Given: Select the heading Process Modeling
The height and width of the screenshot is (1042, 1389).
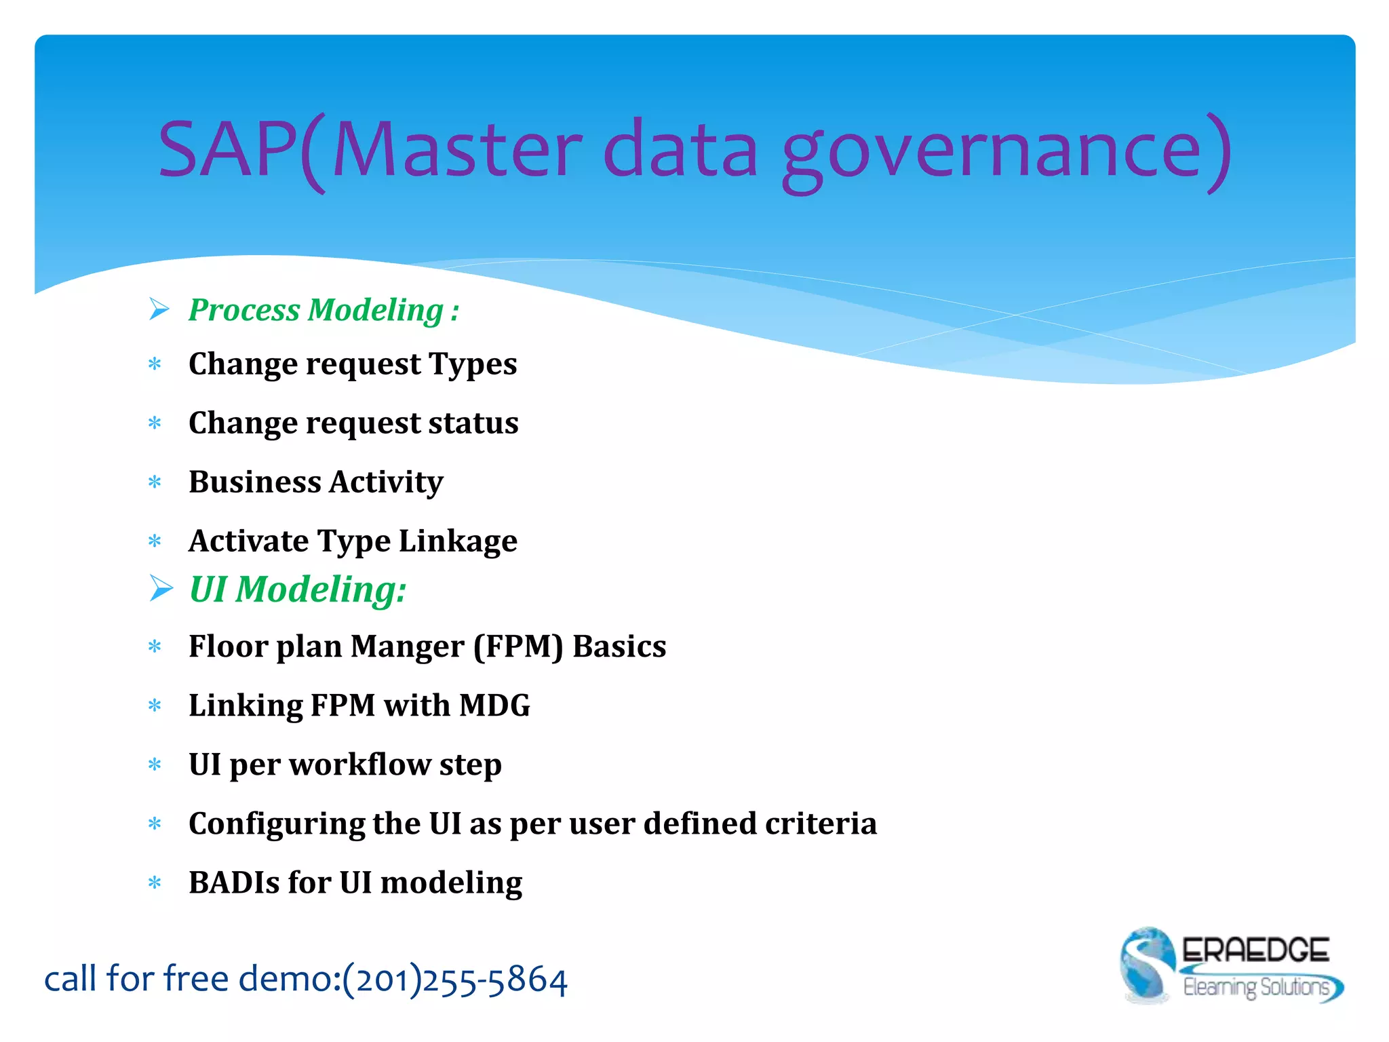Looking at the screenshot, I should pyautogui.click(x=324, y=310).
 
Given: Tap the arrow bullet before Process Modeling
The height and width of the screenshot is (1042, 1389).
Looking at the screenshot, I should pyautogui.click(x=159, y=309).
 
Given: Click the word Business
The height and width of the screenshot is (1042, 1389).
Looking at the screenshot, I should pyautogui.click(x=254, y=482).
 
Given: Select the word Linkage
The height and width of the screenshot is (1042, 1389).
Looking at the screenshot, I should pyautogui.click(x=458, y=541).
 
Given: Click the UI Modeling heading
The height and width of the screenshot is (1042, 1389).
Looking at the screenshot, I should pyautogui.click(x=297, y=589).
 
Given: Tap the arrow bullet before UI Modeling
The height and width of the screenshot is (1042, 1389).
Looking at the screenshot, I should pyautogui.click(x=161, y=588).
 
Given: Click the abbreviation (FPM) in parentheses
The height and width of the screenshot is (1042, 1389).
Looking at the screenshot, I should pyautogui.click(x=518, y=647).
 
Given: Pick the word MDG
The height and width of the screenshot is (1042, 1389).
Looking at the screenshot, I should pyautogui.click(x=494, y=706).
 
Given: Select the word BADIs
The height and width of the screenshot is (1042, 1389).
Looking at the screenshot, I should pyautogui.click(x=233, y=883).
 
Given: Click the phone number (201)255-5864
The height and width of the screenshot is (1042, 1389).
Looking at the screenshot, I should pyautogui.click(x=454, y=980).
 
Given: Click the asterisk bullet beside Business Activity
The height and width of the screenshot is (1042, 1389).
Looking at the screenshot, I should pyautogui.click(x=155, y=482).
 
